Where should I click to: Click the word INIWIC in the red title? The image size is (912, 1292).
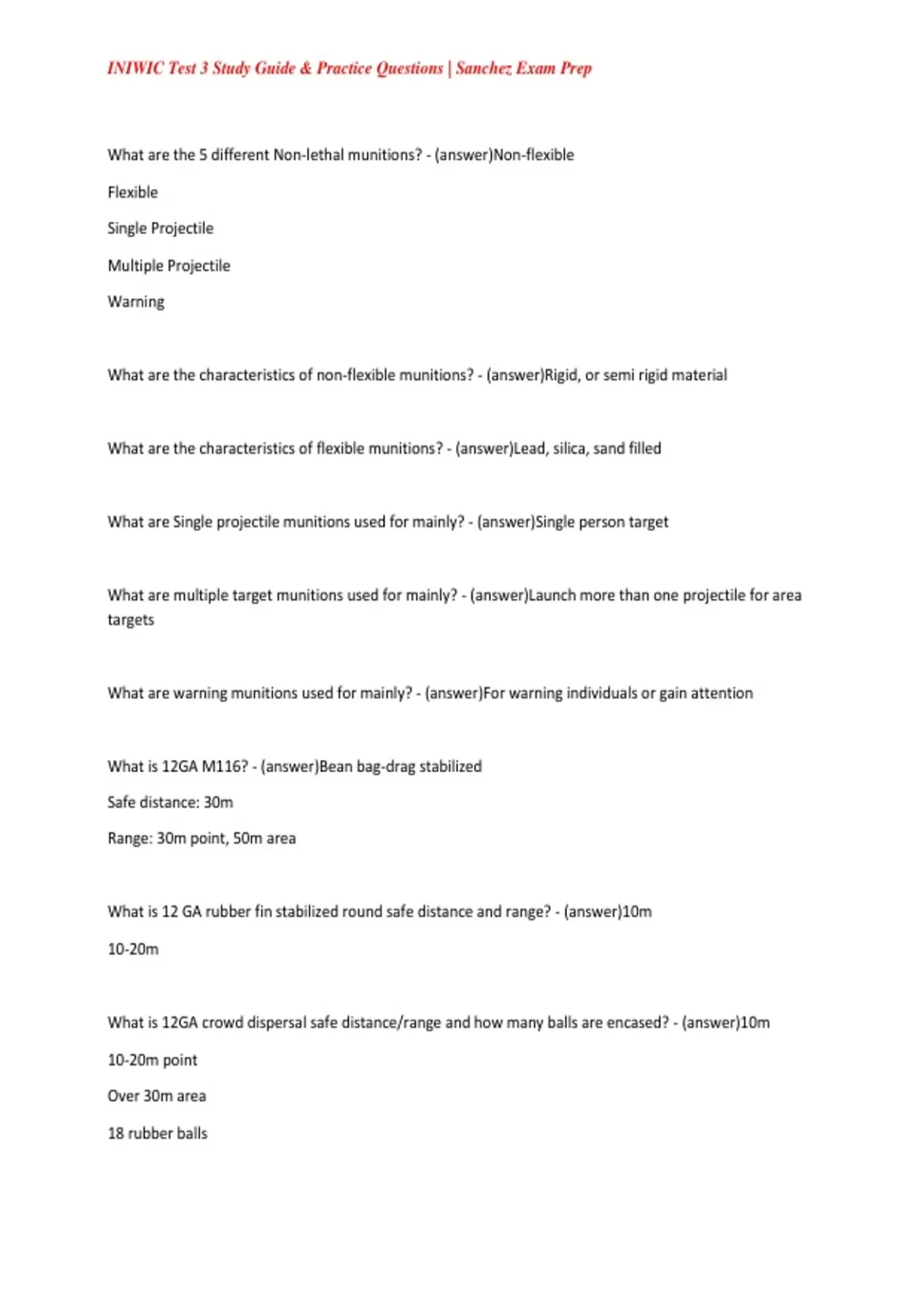tap(135, 68)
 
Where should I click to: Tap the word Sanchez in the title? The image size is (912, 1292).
tap(483, 68)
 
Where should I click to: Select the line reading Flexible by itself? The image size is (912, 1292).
tap(133, 192)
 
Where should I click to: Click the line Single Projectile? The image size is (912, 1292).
tap(160, 229)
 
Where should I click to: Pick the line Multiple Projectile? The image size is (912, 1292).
tap(169, 266)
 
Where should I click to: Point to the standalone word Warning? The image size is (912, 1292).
tap(136, 302)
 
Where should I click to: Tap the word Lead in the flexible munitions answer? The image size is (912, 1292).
tap(530, 448)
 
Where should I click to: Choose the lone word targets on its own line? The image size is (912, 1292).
tap(131, 620)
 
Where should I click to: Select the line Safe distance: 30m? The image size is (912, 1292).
tap(170, 803)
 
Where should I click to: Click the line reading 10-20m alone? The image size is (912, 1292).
tap(133, 949)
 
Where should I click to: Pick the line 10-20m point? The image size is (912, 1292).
tap(152, 1060)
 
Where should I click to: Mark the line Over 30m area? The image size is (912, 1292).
tap(157, 1096)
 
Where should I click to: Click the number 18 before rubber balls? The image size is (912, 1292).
tap(116, 1133)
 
